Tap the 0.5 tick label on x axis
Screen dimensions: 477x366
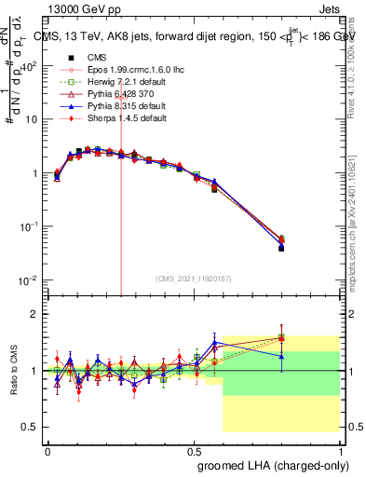pyautogui.click(x=193, y=450)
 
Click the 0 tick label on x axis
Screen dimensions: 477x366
pyautogui.click(x=47, y=450)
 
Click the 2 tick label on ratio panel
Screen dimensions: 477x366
pyautogui.click(x=35, y=314)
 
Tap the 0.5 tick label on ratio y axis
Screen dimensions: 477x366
pyautogui.click(x=31, y=427)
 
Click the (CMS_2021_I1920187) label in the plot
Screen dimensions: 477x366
pyautogui.click(x=192, y=278)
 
